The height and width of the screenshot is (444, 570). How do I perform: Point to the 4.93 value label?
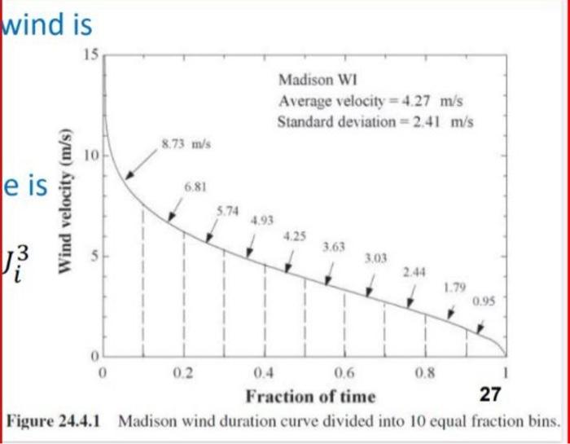(263, 220)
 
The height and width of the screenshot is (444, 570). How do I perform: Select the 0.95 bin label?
(484, 301)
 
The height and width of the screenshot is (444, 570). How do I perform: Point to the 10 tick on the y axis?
(91, 156)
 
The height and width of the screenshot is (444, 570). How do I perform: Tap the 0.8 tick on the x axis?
(423, 375)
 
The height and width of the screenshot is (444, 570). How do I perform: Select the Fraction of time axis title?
(311, 398)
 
